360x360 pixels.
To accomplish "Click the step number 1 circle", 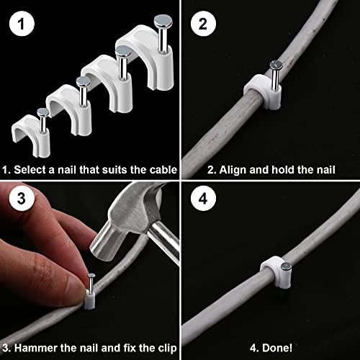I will pos(24,24).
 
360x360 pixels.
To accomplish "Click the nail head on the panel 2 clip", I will pos(277,66).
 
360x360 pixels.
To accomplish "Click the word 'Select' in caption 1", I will pos(30,171).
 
